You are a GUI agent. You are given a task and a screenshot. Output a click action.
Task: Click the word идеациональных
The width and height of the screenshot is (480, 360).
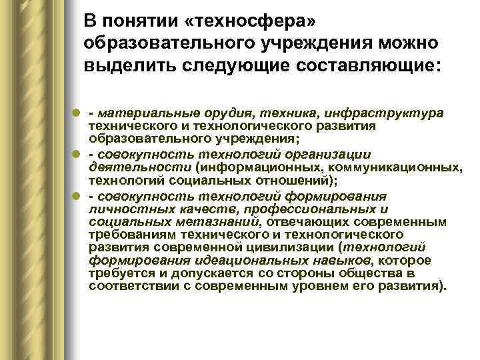(x=223, y=260)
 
